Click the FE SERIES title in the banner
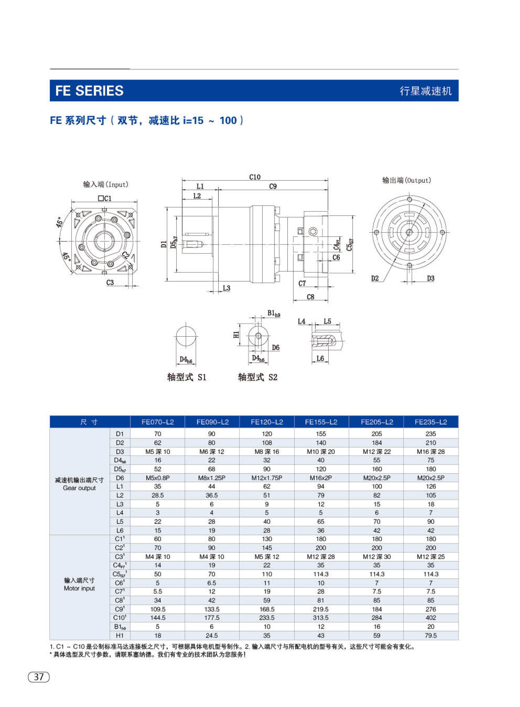point(89,91)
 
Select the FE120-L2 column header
point(267,422)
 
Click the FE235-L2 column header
point(431,422)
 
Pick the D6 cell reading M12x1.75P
point(267,478)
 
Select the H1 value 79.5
point(431,635)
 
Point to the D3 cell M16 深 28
point(431,451)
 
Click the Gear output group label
point(79,488)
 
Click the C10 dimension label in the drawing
point(255,177)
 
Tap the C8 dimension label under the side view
point(310,297)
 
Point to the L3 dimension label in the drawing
point(226,288)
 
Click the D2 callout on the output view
point(375,278)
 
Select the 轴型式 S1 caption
point(187,377)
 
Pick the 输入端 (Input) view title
point(106,184)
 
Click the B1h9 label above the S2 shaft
point(274,313)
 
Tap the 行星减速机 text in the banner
point(426,91)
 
